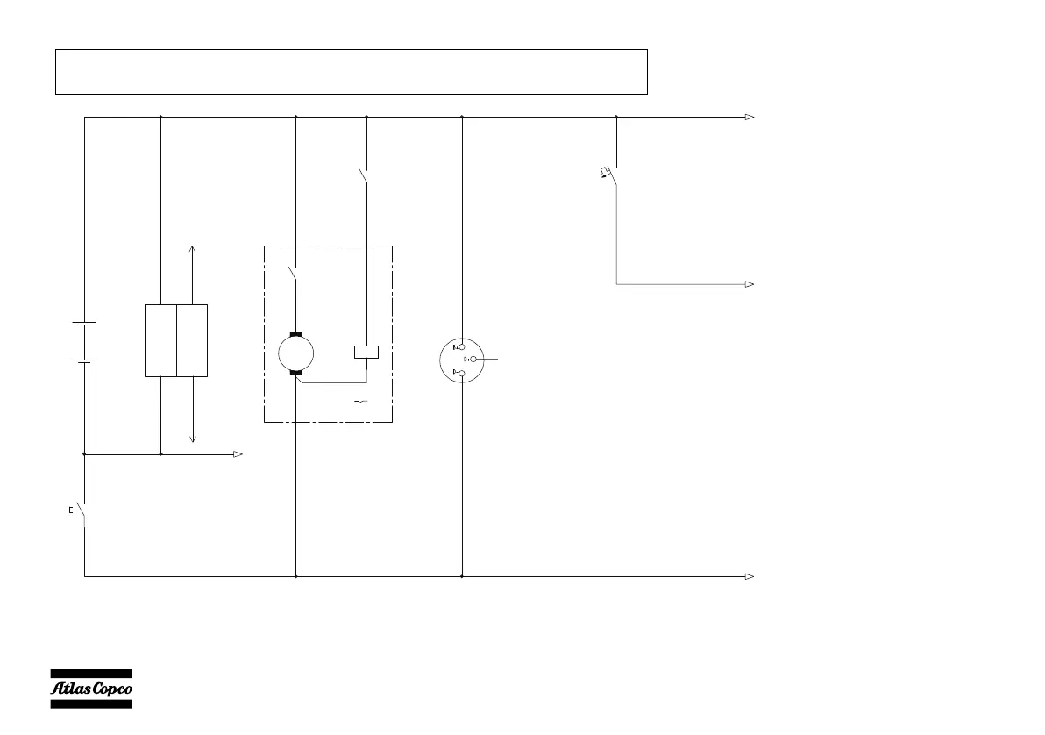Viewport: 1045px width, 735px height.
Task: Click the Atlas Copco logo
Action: (x=89, y=688)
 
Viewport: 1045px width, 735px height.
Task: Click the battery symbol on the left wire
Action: (x=84, y=341)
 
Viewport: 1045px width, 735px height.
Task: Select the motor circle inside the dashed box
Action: (x=295, y=353)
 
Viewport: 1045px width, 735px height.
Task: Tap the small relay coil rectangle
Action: (x=366, y=353)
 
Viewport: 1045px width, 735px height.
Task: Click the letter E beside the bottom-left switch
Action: (x=71, y=510)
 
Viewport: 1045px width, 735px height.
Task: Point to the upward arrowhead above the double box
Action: (x=193, y=250)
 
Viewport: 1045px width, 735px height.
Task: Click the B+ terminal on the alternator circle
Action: (x=458, y=347)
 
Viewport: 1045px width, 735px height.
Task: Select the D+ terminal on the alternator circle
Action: (x=472, y=360)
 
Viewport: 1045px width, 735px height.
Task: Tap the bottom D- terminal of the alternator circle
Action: (x=459, y=373)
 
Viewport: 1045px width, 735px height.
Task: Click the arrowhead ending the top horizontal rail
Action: (x=750, y=117)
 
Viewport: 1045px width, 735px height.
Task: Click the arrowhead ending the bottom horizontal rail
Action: (x=750, y=576)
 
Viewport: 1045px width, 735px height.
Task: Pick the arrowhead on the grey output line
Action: (x=750, y=284)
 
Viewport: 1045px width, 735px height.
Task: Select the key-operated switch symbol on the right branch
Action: (x=611, y=174)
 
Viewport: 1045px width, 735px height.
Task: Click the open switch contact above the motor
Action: (x=294, y=274)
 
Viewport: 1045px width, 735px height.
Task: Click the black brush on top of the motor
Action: (x=295, y=335)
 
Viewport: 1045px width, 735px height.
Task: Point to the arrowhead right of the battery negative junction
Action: (x=237, y=454)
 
